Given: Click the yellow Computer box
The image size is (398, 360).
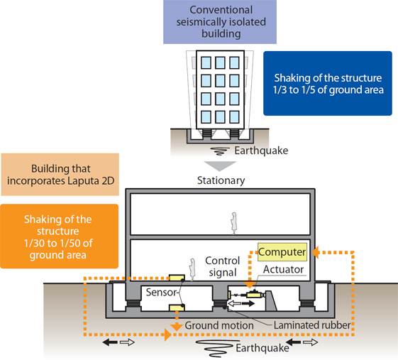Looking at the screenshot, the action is click(282, 252).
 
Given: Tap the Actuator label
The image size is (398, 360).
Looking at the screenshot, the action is click(283, 269).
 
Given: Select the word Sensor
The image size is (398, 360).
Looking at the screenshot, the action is click(161, 292).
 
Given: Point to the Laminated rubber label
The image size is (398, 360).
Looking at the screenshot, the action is click(312, 325).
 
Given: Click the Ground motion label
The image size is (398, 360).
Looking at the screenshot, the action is click(219, 325).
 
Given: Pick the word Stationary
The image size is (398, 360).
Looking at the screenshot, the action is click(221, 180).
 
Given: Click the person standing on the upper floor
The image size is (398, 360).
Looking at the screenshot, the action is click(233, 224).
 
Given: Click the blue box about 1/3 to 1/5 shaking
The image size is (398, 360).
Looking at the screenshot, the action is click(328, 83).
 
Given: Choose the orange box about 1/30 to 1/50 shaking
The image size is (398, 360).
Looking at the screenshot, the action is click(59, 236).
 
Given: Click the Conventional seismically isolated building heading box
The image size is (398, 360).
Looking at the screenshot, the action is click(220, 22).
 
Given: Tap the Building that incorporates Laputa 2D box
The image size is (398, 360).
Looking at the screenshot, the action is click(60, 175).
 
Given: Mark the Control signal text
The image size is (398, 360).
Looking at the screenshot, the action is click(222, 266).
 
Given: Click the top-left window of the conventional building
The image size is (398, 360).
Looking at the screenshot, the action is click(206, 62).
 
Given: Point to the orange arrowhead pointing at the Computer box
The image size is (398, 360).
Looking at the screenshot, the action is click(315, 253).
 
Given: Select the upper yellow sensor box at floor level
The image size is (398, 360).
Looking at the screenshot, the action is click(177, 278).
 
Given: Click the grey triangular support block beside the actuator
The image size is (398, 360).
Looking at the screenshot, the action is click(271, 300).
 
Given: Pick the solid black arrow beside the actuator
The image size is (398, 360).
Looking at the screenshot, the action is click(248, 303).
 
